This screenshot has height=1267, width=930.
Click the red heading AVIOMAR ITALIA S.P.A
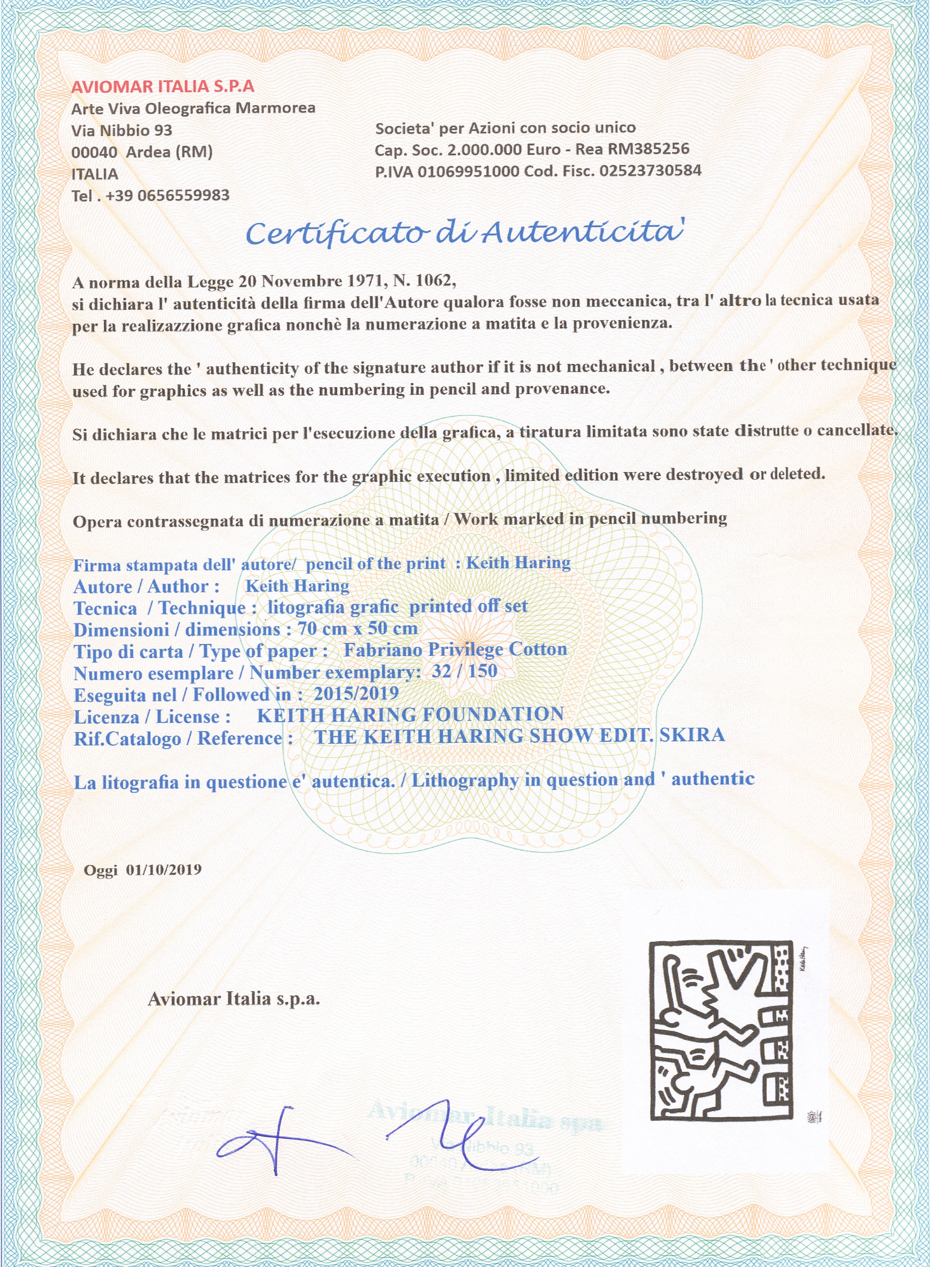[x=163, y=86]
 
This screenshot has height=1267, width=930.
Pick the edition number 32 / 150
[x=465, y=671]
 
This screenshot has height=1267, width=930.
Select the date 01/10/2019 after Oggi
[x=163, y=869]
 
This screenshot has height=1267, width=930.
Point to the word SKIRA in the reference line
[x=692, y=735]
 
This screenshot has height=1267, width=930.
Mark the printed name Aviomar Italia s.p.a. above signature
[x=233, y=999]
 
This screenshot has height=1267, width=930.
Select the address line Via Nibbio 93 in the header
[x=122, y=130]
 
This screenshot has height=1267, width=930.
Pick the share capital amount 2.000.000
[x=485, y=149]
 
